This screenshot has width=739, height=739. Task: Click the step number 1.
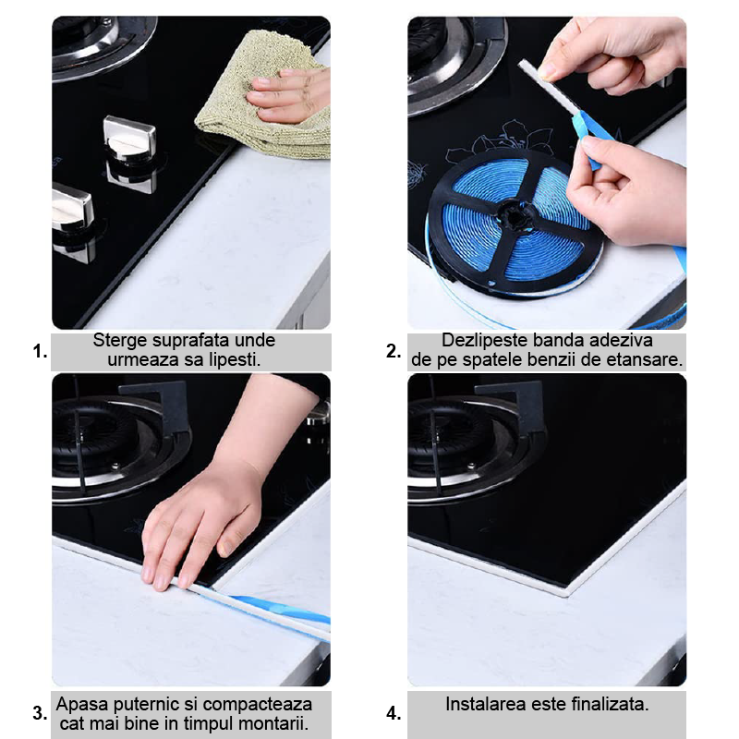pos(40,352)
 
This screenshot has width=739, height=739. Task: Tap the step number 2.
pos(394,352)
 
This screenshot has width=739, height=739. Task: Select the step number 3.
pos(40,713)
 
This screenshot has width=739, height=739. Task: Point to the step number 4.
pos(394,713)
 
